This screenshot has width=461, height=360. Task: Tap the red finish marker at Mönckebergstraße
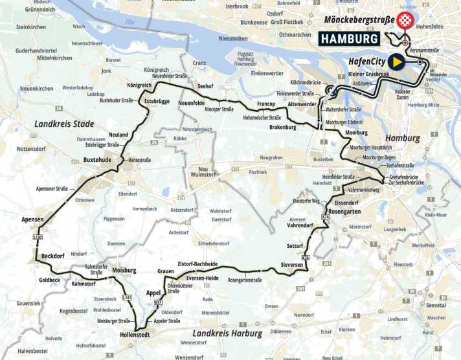tap(405, 20)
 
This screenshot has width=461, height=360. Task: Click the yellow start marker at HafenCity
tap(397, 62)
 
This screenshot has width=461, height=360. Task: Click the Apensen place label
tap(32, 219)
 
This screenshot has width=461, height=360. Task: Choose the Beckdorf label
tap(54, 256)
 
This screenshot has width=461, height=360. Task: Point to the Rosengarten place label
tap(344, 211)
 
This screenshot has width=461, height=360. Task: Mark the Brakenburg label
tap(282, 128)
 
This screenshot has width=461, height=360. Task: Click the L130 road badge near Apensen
tap(38, 238)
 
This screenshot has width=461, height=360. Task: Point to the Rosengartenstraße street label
tap(244, 280)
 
